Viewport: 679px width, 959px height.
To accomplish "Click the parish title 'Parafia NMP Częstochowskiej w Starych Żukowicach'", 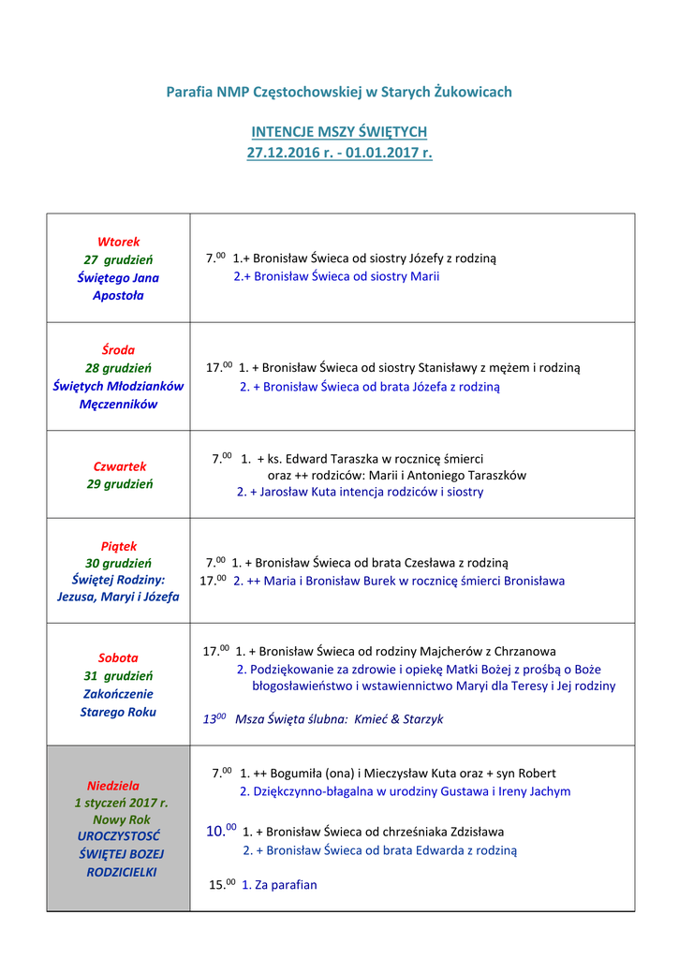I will pos(339,92).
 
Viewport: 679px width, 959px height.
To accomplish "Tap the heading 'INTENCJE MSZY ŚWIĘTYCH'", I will pos(339,132).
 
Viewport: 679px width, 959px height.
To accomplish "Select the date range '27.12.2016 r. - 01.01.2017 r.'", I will pos(339,152).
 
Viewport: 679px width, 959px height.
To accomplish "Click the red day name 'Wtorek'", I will pos(118,242).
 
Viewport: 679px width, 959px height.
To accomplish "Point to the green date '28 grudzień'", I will pos(118,368).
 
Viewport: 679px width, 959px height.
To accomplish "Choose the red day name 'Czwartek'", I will pos(119,466).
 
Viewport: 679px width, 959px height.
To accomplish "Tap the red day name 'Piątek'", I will pos(118,546).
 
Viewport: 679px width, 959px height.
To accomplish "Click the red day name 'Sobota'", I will pos(118,657).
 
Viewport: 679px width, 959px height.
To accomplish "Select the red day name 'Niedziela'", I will pos(113,786).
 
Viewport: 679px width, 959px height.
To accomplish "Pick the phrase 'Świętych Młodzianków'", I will pos(118,386).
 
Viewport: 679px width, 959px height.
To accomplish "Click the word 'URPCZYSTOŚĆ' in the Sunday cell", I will pos(118,836).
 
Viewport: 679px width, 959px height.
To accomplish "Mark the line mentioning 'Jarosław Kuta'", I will pos(361,492).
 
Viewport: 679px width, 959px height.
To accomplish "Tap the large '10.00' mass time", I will pos(221,830).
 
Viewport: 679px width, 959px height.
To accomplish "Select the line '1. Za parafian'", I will pos(279,884).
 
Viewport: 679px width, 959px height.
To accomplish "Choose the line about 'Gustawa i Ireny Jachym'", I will pos(405,791).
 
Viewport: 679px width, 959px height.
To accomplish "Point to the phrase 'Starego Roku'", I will pos(118,712).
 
